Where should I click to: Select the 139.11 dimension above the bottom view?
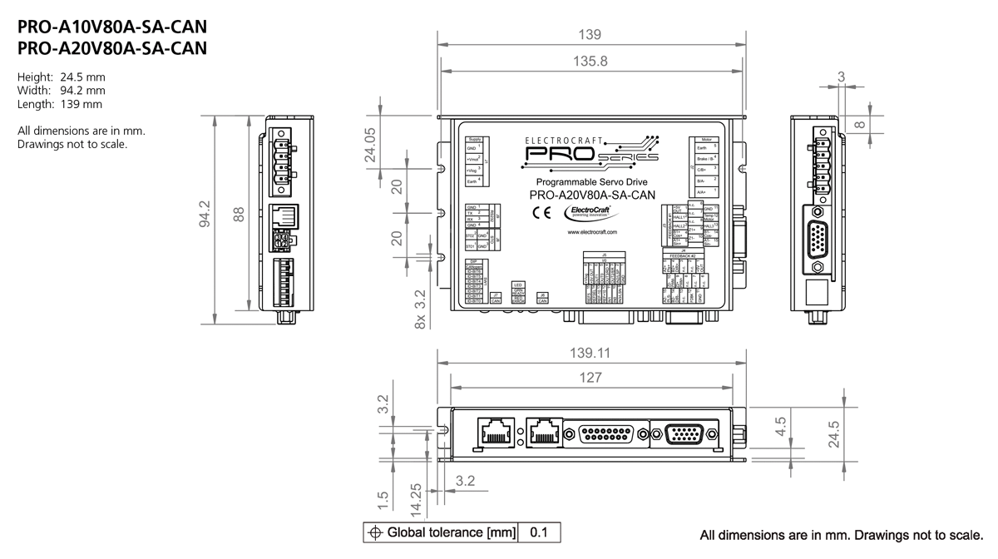point(590,353)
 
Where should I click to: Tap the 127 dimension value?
point(590,378)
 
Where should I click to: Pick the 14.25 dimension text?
point(416,494)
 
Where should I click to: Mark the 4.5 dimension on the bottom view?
point(780,427)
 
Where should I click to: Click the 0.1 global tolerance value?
point(539,532)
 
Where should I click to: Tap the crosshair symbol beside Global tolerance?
point(375,532)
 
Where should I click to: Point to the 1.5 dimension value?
point(383,499)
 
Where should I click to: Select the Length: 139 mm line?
point(60,104)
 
